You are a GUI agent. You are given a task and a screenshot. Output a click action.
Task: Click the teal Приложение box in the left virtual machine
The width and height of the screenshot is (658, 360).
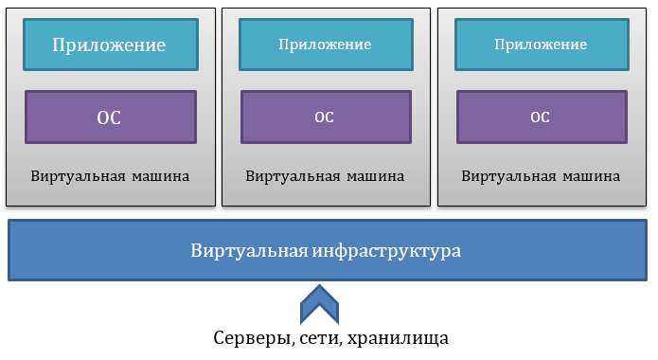[x=110, y=45]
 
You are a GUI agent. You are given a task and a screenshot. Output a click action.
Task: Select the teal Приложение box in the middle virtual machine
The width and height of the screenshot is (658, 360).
[x=325, y=45]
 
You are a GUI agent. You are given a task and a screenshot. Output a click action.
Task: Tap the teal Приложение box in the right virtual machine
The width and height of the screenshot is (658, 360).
[x=541, y=45]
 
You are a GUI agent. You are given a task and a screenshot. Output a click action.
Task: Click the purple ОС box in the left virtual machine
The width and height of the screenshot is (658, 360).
[x=110, y=117]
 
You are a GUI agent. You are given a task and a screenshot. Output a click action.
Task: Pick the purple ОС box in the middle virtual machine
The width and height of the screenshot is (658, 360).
[x=325, y=117]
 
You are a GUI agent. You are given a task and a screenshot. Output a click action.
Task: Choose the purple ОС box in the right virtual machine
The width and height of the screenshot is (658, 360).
[x=541, y=117]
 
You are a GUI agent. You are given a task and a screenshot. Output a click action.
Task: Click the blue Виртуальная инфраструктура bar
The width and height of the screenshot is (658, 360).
[x=327, y=251]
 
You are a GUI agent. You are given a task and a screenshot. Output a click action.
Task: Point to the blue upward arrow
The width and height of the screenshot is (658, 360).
[x=319, y=305]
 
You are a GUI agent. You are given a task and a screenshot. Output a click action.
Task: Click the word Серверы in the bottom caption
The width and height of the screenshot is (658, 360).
[x=246, y=338]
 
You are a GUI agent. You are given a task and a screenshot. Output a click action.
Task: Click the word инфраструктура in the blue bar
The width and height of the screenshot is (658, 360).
[x=386, y=251]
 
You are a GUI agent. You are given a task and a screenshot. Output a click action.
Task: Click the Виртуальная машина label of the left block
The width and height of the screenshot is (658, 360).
[x=110, y=176]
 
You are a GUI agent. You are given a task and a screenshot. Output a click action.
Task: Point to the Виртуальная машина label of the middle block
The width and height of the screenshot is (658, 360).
[x=325, y=176]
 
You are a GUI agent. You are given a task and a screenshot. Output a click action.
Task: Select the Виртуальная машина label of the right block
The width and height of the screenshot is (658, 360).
[x=541, y=176]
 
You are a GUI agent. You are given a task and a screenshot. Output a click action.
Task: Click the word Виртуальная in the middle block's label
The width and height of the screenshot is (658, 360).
[x=289, y=176]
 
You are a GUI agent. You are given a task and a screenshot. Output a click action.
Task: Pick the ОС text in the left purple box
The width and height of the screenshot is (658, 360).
[x=110, y=117]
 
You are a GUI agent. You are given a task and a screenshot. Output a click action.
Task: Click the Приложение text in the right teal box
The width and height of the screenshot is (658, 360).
[x=541, y=45]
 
